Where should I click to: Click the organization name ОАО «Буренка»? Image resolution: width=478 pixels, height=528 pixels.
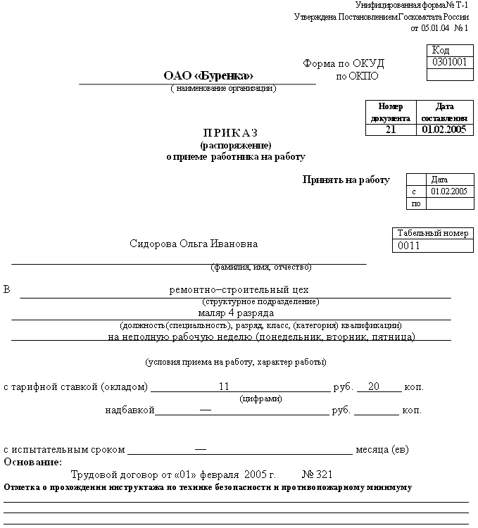(x=208, y=75)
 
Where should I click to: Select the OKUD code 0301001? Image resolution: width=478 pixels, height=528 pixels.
(x=450, y=62)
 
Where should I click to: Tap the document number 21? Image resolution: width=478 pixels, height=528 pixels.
(x=391, y=130)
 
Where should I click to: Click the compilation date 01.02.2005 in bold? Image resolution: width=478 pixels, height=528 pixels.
(x=444, y=130)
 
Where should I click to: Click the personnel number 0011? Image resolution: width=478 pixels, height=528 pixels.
(x=409, y=246)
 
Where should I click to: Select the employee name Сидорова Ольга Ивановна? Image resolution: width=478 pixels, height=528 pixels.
(x=194, y=244)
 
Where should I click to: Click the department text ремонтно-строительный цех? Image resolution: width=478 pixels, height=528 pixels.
(x=239, y=289)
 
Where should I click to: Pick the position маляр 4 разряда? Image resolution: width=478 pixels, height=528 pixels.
(x=236, y=313)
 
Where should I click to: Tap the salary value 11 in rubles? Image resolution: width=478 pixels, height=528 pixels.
(x=225, y=386)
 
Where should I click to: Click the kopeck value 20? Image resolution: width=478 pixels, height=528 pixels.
(x=374, y=386)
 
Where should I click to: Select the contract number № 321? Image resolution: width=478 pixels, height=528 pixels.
(x=317, y=474)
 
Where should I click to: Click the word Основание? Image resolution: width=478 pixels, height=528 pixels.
(x=32, y=463)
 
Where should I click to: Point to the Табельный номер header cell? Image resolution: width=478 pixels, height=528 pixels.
(x=432, y=234)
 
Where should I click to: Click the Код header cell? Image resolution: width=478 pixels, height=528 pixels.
(x=441, y=50)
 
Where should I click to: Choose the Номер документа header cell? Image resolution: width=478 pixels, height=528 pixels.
(x=391, y=112)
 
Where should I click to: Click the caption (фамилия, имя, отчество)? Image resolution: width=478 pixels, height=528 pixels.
(x=261, y=268)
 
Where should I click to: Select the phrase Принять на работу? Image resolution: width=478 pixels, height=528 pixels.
(x=346, y=180)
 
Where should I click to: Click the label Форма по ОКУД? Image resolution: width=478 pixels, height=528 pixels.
(x=344, y=63)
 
